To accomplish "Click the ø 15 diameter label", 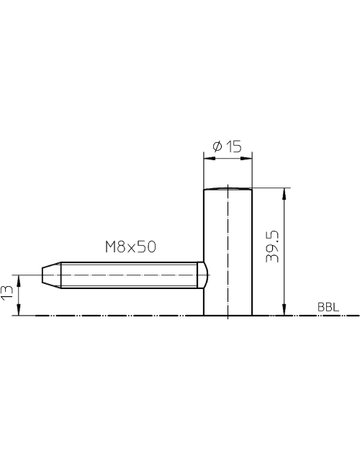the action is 227,146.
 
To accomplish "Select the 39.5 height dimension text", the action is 272,246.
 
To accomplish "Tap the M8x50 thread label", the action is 131,247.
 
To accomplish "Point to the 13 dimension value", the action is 7,293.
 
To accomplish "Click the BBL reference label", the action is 328,307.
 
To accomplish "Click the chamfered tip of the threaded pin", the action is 51,275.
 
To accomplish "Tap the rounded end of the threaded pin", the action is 203,275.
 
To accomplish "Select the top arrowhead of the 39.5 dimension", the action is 284,193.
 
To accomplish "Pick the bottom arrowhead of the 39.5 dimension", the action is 284,309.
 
